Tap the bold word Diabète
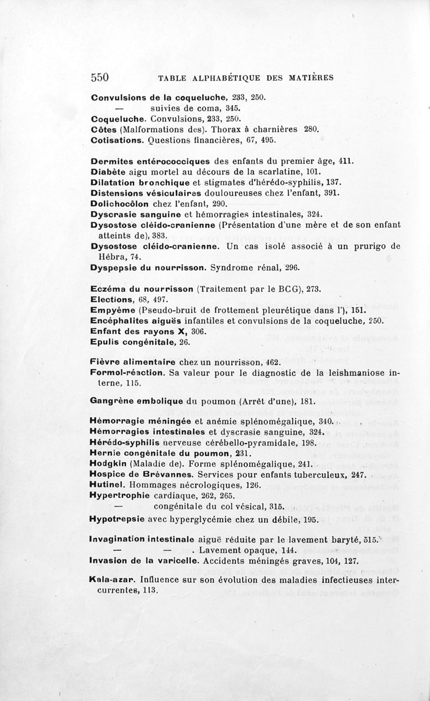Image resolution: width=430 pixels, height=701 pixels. [x=109, y=171]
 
